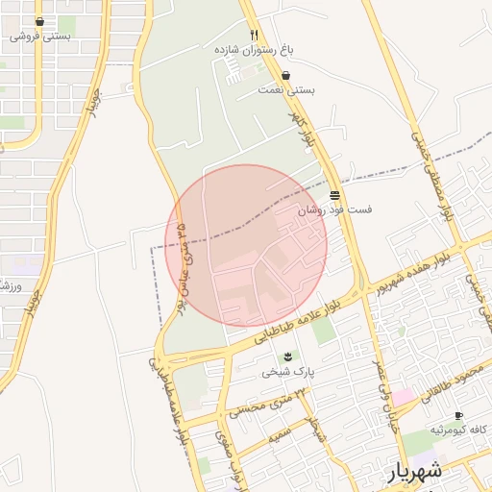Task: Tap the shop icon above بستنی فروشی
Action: (x=39, y=21)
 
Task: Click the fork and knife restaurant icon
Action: (x=255, y=34)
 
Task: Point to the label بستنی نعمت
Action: (x=286, y=89)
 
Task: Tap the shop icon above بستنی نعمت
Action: (x=286, y=75)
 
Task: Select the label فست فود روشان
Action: (x=334, y=209)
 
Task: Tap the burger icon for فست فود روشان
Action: (x=334, y=194)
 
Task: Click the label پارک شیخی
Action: (x=289, y=371)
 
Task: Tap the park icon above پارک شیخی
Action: (x=288, y=357)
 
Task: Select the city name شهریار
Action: (x=415, y=472)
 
